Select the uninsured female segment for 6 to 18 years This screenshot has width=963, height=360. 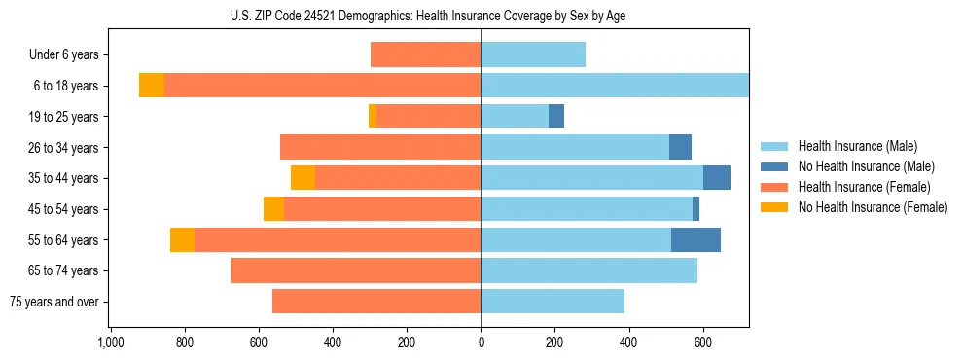[152, 86]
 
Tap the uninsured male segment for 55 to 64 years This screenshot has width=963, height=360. [695, 239]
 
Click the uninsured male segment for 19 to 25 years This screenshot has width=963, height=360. [556, 117]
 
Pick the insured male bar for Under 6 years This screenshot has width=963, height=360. [533, 54]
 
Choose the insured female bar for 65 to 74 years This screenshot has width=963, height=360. [355, 270]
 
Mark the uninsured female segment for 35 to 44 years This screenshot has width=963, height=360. [303, 178]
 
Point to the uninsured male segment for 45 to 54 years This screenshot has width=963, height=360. [695, 209]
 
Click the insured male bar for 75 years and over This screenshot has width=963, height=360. [553, 302]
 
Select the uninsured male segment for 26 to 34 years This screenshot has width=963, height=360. [680, 147]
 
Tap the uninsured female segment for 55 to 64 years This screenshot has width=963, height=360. [182, 239]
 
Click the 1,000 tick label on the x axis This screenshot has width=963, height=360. [110, 342]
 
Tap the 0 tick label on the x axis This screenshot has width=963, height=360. [481, 342]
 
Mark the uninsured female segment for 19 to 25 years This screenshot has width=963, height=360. [373, 117]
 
